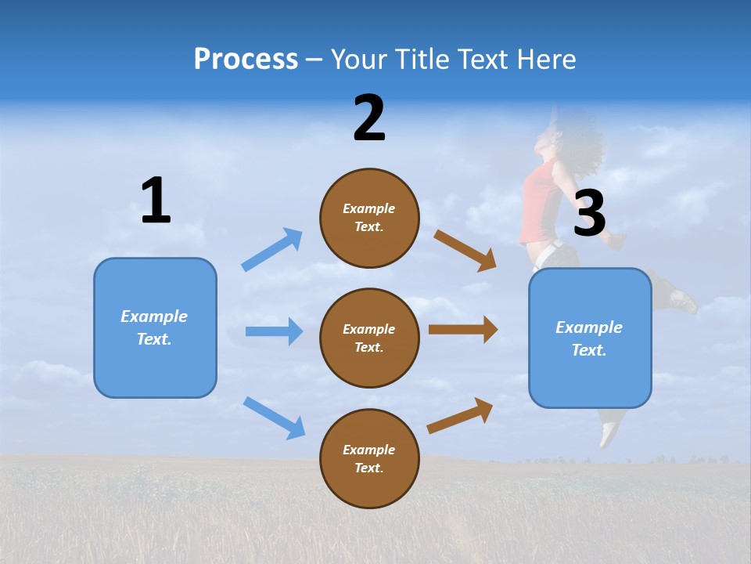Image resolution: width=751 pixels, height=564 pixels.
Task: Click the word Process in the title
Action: pos(246,60)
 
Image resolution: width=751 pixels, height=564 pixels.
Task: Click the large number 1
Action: pos(156,200)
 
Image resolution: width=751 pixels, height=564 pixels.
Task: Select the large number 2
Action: pos(369,117)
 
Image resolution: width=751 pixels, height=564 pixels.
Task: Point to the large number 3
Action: pos(590,212)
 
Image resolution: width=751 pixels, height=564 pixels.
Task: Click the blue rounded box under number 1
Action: pos(155,328)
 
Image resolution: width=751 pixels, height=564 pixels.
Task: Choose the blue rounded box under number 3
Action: pos(590,338)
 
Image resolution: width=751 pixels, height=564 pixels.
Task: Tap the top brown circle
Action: pos(370,218)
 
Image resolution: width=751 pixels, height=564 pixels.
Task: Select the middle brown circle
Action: pos(370,338)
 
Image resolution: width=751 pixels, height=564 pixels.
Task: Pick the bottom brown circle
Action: pos(370,458)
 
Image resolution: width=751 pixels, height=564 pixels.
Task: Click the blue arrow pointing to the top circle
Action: pos(272,249)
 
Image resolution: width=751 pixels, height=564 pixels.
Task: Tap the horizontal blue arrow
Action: pos(275,331)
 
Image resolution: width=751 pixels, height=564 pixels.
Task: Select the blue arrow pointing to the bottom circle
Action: pos(275,418)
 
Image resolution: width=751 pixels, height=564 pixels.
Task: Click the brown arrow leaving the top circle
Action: pos(465,251)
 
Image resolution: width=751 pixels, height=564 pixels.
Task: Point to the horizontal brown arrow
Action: pos(463,330)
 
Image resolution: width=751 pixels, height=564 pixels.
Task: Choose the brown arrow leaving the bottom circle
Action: pos(460,416)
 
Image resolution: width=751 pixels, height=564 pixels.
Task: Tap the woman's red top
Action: pos(541,201)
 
